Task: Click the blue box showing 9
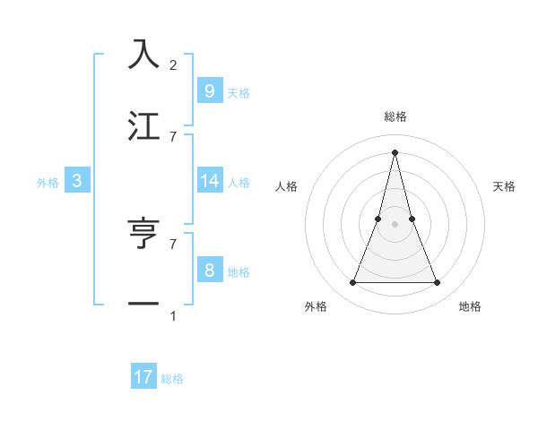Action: click(209, 90)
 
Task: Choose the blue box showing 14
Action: click(209, 181)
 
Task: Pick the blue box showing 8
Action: click(209, 271)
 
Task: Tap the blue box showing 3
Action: click(77, 181)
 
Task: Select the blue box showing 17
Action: click(143, 377)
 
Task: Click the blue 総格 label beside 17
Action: click(172, 379)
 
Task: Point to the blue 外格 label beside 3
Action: click(48, 183)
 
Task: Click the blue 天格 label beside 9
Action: click(239, 92)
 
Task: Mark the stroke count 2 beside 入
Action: click(173, 65)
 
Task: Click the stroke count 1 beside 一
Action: click(173, 316)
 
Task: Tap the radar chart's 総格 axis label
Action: click(395, 116)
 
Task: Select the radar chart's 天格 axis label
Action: click(504, 186)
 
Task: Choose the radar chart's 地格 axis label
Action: click(470, 306)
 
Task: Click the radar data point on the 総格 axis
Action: click(395, 151)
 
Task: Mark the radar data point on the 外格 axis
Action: click(352, 283)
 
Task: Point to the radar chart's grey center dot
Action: click(395, 224)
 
